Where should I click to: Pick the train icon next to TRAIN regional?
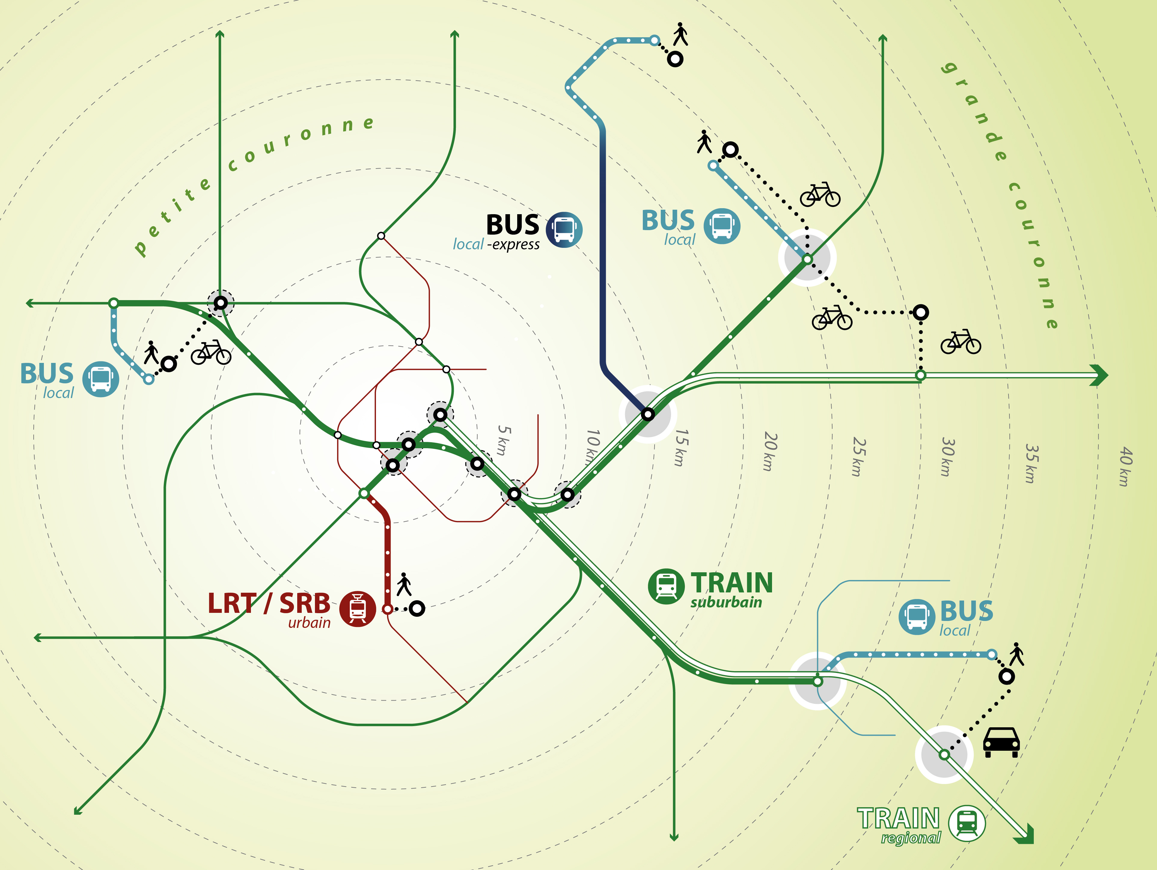pyautogui.click(x=967, y=823)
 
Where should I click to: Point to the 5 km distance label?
pyautogui.click(x=504, y=440)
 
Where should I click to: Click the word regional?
pyautogui.click(x=911, y=838)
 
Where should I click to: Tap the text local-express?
pyautogui.click(x=496, y=244)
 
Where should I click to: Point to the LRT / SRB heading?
pyautogui.click(x=269, y=603)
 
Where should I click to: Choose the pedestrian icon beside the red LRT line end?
pyautogui.click(x=404, y=584)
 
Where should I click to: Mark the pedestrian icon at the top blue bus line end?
pyautogui.click(x=680, y=34)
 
